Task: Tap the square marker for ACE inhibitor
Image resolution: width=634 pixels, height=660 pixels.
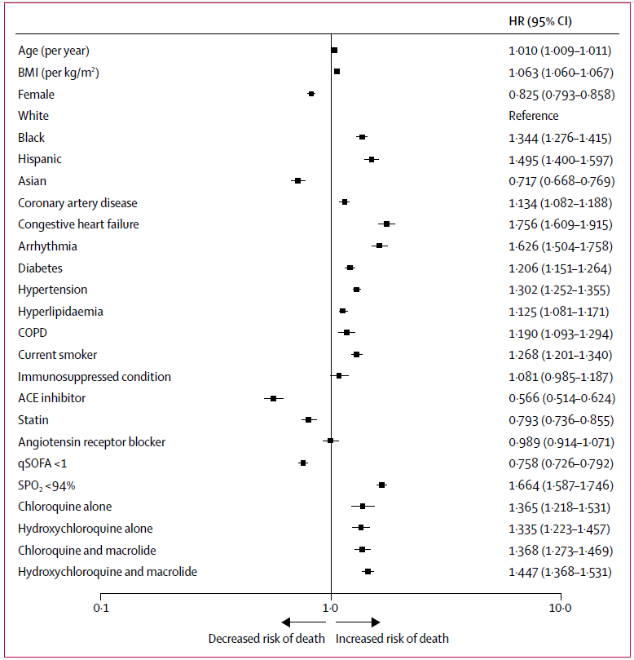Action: (x=274, y=398)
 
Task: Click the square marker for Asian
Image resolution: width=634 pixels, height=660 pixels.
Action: (x=298, y=180)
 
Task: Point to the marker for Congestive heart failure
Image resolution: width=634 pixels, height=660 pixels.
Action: (x=386, y=224)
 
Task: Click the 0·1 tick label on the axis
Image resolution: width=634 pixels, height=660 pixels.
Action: (x=100, y=609)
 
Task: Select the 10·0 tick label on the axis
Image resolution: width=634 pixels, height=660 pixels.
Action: (x=561, y=609)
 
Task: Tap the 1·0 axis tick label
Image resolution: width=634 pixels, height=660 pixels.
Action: (x=331, y=609)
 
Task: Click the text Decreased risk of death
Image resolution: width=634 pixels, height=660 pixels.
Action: (x=266, y=639)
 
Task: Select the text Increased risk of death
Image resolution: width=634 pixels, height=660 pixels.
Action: (x=392, y=639)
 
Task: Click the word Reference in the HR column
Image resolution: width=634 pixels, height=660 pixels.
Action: (x=534, y=116)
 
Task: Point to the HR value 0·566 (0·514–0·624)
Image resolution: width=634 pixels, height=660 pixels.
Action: (x=560, y=398)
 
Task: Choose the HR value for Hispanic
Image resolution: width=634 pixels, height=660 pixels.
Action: (x=560, y=159)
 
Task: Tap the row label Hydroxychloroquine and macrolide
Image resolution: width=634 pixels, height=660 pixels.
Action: (x=108, y=572)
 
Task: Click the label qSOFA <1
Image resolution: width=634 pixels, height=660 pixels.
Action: (x=46, y=463)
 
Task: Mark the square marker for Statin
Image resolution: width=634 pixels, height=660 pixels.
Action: (x=308, y=419)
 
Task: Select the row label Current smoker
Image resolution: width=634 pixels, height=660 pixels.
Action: (x=58, y=355)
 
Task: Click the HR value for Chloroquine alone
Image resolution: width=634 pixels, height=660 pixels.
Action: (x=560, y=507)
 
